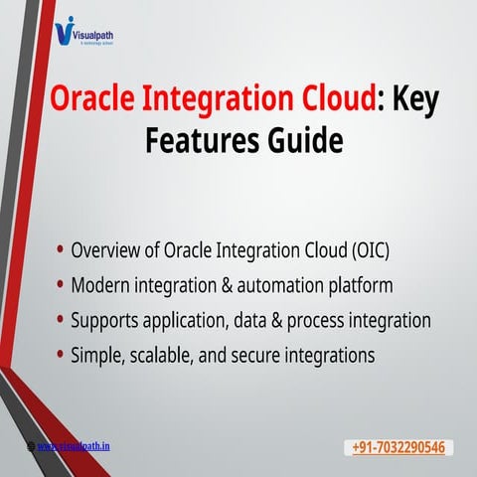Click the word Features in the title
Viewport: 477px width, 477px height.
pyautogui.click(x=194, y=141)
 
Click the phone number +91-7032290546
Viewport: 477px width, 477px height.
pyautogui.click(x=397, y=448)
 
